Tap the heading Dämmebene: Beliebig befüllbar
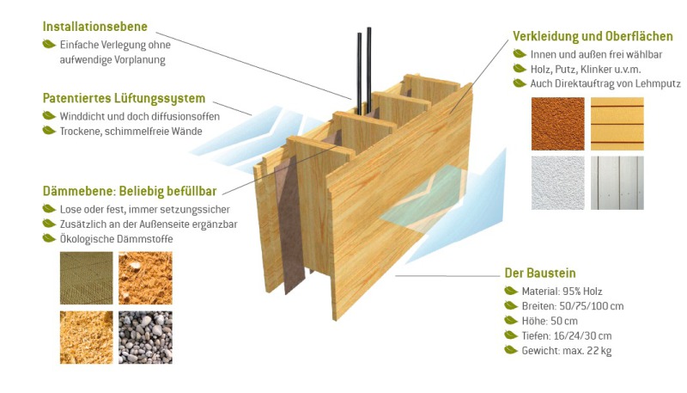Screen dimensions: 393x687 [x=129, y=191]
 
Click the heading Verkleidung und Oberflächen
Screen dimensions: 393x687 [x=593, y=36]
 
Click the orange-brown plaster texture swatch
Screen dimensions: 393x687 [x=557, y=123]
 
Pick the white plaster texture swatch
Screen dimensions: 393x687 [x=557, y=182]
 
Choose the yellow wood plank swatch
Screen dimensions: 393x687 [x=617, y=123]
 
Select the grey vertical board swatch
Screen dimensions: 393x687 [x=617, y=182]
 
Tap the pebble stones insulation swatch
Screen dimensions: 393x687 [x=145, y=336]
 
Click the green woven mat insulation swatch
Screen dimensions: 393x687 [x=85, y=278]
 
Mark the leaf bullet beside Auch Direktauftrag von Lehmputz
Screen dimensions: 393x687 [x=519, y=83]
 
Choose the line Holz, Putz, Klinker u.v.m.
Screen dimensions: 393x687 [x=586, y=69]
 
